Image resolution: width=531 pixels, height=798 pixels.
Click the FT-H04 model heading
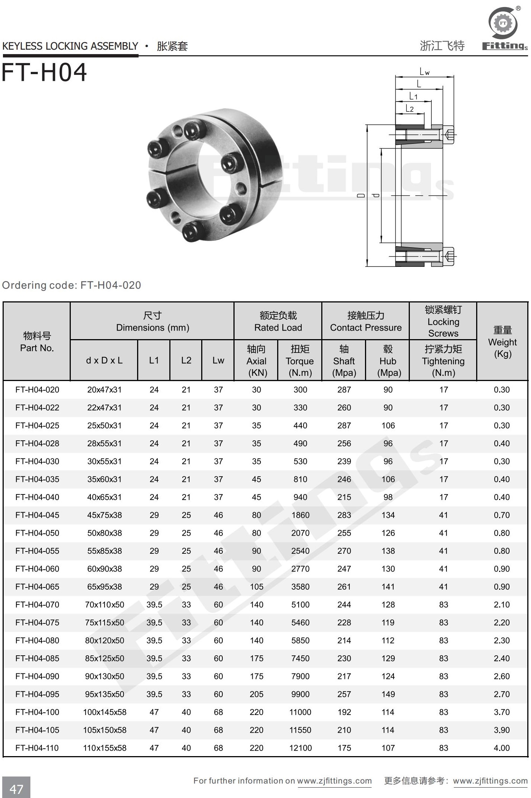[44, 72]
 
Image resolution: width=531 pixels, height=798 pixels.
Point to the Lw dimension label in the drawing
[424, 72]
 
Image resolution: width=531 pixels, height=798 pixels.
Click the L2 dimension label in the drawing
[409, 109]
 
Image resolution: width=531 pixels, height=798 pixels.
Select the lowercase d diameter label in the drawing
[376, 195]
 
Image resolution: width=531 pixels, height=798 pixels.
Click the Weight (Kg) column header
[502, 342]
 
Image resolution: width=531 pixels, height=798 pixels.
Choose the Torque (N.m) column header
[300, 361]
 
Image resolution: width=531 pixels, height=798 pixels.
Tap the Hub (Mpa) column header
[388, 361]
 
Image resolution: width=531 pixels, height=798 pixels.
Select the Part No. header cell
[37, 342]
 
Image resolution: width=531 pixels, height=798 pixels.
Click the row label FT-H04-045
[37, 515]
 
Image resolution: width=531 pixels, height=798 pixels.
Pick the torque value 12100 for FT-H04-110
[300, 748]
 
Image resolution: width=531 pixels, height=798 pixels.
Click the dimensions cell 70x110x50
[104, 605]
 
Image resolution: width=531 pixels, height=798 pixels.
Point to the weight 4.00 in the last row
[502, 748]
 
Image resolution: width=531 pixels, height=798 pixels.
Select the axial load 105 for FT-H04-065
[256, 587]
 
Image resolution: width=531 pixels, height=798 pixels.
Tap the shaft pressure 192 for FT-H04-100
[344, 712]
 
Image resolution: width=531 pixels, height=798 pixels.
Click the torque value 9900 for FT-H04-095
[300, 694]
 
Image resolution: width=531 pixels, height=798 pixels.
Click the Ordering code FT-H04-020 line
[72, 285]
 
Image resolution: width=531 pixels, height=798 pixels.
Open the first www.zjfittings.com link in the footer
[334, 781]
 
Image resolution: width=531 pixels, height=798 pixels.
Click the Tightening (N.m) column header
[443, 361]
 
